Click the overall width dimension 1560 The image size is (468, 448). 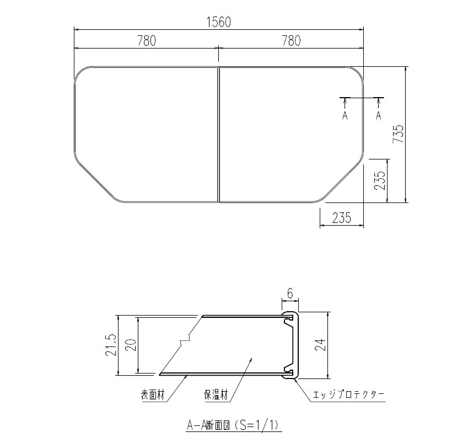pos(219,22)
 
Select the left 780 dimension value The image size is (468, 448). pos(146,40)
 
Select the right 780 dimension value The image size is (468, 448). pos(291,40)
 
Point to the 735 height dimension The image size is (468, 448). pos(399,134)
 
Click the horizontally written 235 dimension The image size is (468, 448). pos(342,218)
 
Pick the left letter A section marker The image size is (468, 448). pos(345,115)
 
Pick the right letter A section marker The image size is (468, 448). pos(379,115)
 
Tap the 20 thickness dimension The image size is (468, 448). pos(131,345)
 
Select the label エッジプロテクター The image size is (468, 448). pos(348,395)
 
